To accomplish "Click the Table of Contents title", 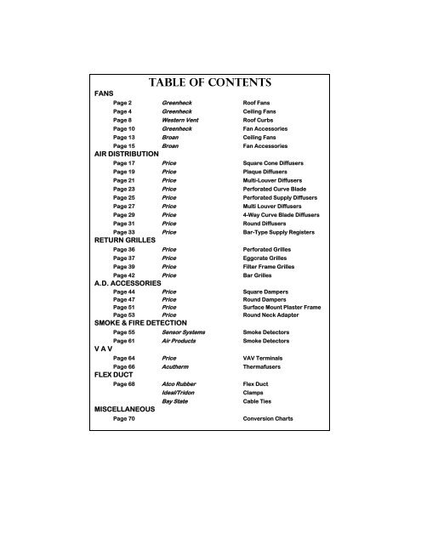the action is (x=209, y=82).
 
